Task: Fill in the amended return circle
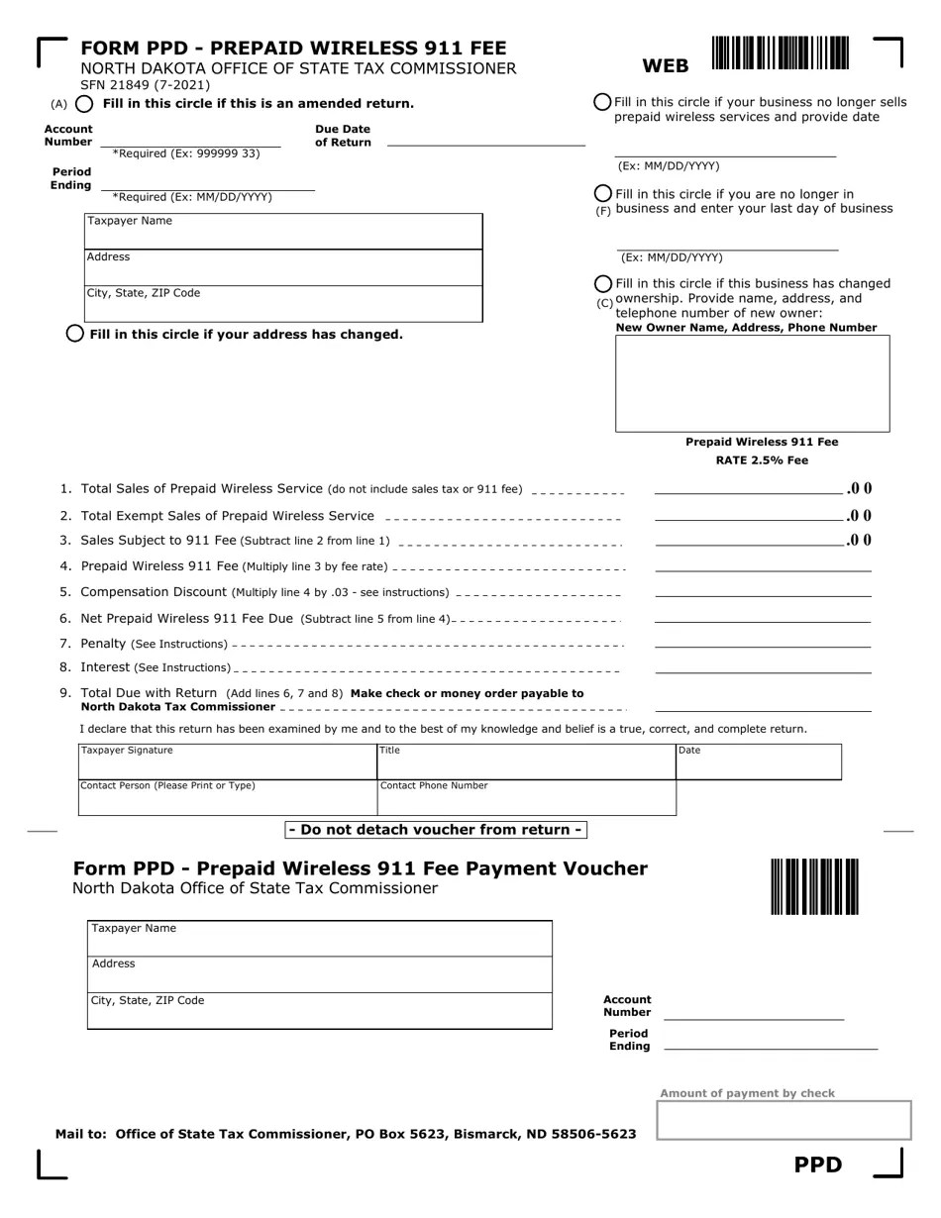[85, 104]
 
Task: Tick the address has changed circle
[74, 334]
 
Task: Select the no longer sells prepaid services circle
[602, 102]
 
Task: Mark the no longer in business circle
[602, 193]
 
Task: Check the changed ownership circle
[602, 283]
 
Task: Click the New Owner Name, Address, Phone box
[752, 383]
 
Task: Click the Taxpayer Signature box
[227, 761]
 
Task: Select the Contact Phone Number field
[526, 797]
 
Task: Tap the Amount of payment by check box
[784, 1120]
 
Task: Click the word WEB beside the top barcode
[666, 66]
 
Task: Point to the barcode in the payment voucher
[814, 886]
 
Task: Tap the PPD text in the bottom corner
[818, 1165]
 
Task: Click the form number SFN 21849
[145, 85]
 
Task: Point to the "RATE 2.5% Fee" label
[762, 460]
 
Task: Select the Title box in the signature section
[526, 761]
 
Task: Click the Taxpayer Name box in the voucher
[319, 938]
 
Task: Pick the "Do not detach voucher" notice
[436, 830]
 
